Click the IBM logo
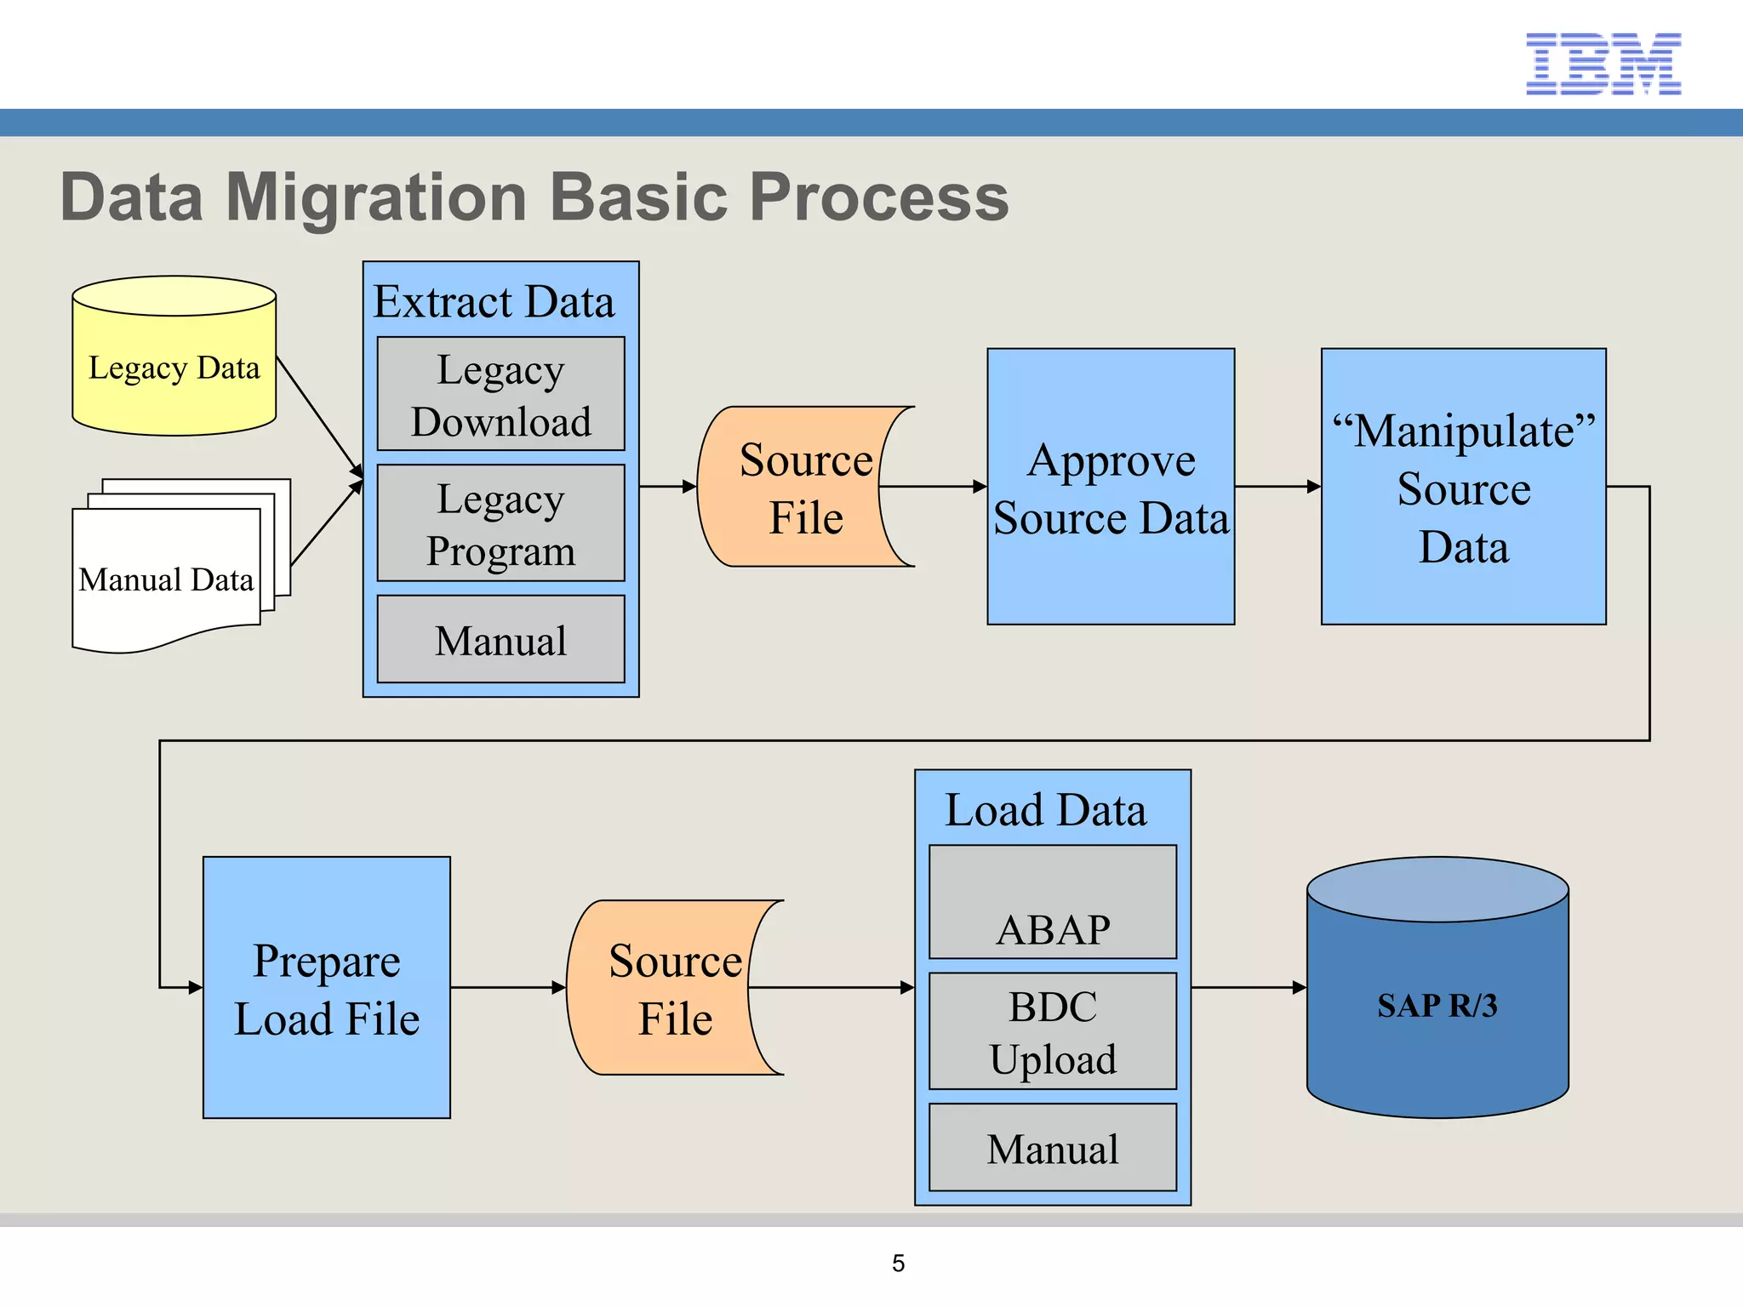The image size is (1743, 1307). pos(1603,64)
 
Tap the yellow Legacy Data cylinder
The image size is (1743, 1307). pos(174,368)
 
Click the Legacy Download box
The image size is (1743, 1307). pos(500,395)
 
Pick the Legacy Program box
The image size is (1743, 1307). pos(500,523)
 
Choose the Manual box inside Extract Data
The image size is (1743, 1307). pos(500,640)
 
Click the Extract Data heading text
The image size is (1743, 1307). pos(494,301)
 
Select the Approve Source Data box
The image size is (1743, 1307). pos(1111,488)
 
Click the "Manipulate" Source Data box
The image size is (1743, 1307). pos(1463,488)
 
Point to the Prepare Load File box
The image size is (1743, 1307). pos(326,988)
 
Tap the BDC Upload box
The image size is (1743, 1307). pos(1053,1031)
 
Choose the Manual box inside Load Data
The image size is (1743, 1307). pos(1053,1148)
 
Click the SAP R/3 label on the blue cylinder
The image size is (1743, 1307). pos(1437,1006)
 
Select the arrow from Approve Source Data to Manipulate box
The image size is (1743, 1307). pos(1277,487)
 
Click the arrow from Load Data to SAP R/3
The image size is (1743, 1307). pos(1248,988)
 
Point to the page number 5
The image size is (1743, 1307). pos(898,1263)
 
